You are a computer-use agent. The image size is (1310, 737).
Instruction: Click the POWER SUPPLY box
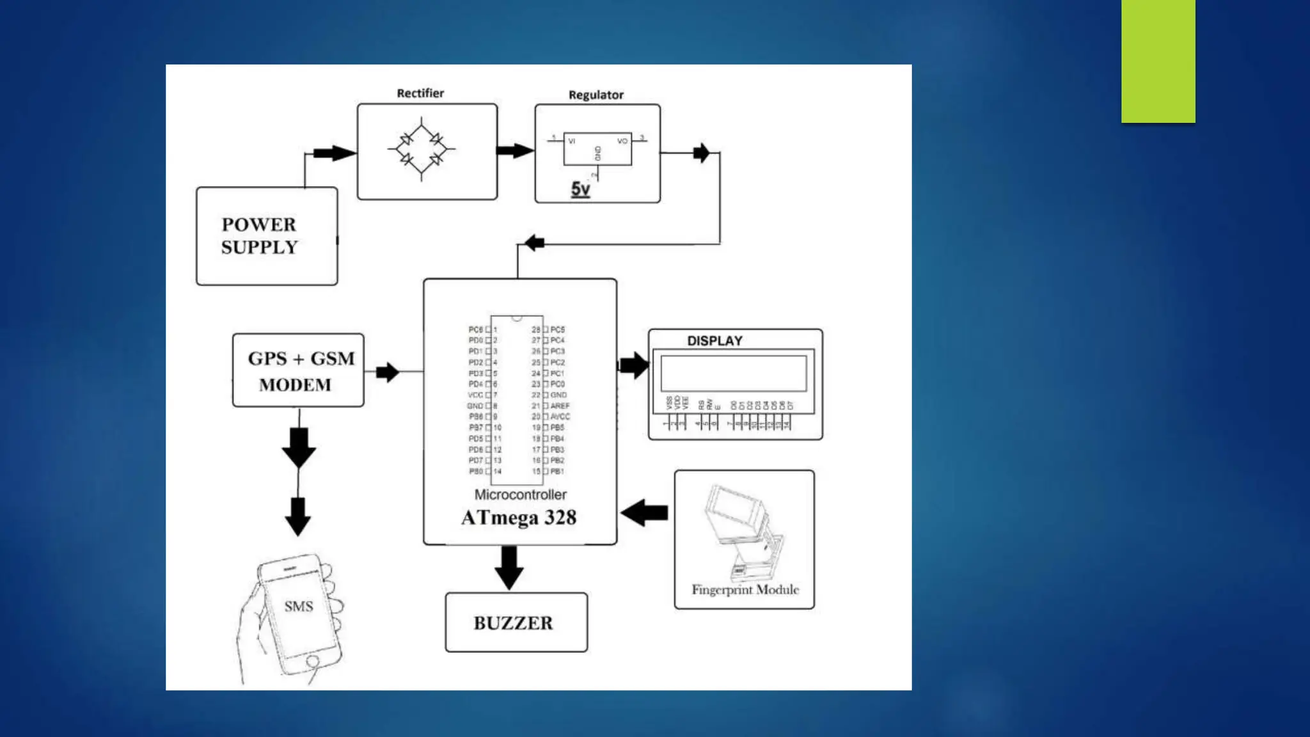click(x=266, y=236)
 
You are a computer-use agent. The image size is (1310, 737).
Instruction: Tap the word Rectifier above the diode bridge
click(x=420, y=93)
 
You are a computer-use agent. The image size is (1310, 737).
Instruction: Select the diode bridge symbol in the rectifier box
click(x=422, y=150)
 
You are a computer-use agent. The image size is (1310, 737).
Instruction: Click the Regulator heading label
click(x=596, y=95)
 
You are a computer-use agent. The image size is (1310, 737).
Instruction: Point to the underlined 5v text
click(x=580, y=189)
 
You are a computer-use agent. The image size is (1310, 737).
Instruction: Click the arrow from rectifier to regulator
click(x=515, y=151)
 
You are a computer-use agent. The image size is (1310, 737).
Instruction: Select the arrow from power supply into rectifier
click(x=334, y=154)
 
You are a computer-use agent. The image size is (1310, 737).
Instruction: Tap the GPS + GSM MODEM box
click(x=298, y=370)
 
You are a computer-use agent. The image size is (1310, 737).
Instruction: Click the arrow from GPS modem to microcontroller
click(x=388, y=372)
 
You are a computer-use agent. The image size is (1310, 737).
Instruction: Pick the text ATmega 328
click(x=519, y=518)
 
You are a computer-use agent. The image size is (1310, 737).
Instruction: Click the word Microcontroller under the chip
click(x=520, y=495)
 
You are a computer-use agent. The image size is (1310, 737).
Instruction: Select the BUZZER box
click(x=516, y=622)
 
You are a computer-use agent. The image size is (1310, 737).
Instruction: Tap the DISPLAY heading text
click(x=714, y=341)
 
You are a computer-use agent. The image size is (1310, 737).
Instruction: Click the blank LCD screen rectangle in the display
click(x=734, y=373)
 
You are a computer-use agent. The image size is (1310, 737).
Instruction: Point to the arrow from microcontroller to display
click(x=634, y=365)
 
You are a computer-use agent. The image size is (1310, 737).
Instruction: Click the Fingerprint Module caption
click(x=745, y=590)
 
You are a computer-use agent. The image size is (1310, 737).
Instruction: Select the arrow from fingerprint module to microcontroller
click(x=645, y=512)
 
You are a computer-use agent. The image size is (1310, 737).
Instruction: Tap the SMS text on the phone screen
click(x=299, y=606)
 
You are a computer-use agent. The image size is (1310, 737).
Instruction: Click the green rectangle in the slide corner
click(x=1158, y=61)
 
